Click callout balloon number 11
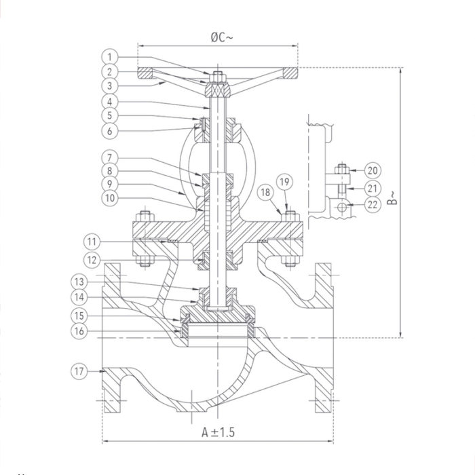[x=94, y=241]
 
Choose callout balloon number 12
[x=94, y=259]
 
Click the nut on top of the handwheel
[x=216, y=76]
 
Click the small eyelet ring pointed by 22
[x=343, y=204]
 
